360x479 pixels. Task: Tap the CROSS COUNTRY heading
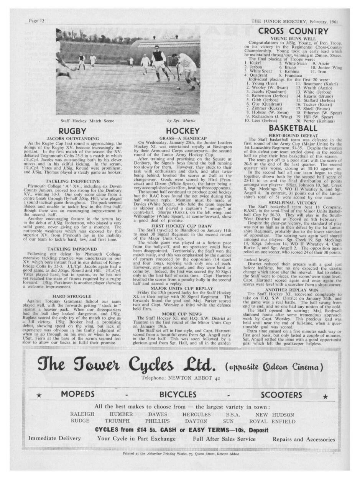293,31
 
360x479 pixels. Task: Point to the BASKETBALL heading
293,128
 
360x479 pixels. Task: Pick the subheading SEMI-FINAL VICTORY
293,203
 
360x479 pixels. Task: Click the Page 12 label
37,21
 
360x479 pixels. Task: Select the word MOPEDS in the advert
78,395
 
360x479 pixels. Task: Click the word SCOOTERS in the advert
281,395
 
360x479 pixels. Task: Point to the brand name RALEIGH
82,414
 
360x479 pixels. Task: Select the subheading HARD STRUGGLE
73,307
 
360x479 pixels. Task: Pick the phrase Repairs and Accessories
304,439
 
